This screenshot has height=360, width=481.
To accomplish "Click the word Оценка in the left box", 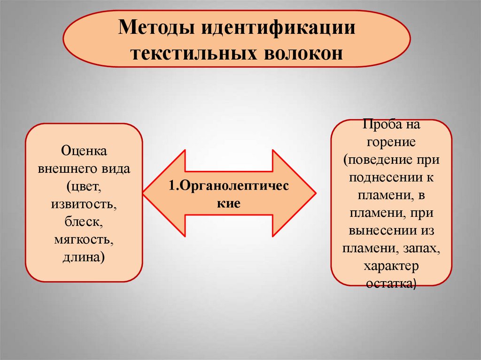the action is pyautogui.click(x=84, y=151).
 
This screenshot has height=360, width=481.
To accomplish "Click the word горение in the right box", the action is pyautogui.click(x=391, y=142).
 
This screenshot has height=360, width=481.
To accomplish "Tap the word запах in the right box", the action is pyautogui.click(x=421, y=248).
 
